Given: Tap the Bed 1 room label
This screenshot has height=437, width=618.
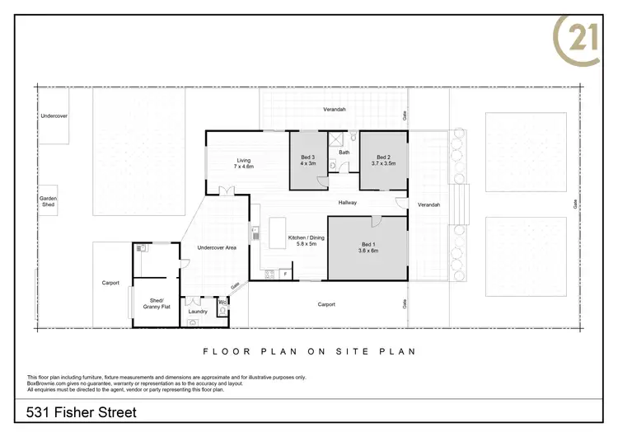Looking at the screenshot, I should point(368,247).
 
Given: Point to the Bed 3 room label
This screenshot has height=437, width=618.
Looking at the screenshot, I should point(307,160).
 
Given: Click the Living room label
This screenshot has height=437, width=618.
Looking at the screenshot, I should point(243,163).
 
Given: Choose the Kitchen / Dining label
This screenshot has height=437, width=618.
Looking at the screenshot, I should point(302,242).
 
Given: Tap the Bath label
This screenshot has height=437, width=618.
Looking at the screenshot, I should point(344,153).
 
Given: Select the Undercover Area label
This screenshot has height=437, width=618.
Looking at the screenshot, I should point(218,248).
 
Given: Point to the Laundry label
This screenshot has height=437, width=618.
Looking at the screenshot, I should point(198,312).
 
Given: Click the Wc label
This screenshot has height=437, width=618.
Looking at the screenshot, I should point(222,303).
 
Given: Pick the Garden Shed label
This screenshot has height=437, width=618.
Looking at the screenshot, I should point(49,201).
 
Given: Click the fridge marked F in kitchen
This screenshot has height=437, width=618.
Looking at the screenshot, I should point(285,273).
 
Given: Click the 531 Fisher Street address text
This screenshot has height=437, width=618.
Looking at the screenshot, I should point(81,412).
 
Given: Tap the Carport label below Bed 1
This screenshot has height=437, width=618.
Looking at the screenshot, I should point(327,304).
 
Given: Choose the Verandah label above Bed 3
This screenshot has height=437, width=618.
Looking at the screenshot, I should point(334,109).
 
